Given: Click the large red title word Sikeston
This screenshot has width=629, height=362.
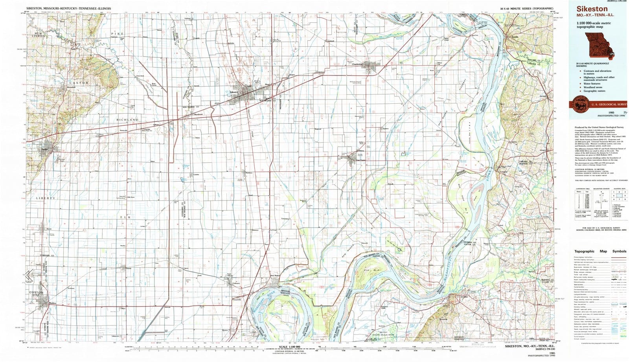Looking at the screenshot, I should pyautogui.click(x=592, y=9).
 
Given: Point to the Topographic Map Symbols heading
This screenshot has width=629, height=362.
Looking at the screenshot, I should pyautogui.click(x=600, y=251).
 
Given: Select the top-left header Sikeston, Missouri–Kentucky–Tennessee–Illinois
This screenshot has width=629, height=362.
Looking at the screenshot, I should pyautogui.click(x=68, y=8).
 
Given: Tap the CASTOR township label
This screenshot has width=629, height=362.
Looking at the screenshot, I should pyautogui.click(x=79, y=83).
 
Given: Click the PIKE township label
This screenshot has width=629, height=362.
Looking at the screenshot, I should pyautogui.click(x=117, y=34).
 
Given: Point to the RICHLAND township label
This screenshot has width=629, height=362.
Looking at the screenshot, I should pyautogui.click(x=127, y=119).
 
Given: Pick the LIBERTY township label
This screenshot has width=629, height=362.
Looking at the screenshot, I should pyautogui.click(x=46, y=198).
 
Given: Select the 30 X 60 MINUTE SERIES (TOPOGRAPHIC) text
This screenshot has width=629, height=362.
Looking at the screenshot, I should pyautogui.click(x=526, y=8).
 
